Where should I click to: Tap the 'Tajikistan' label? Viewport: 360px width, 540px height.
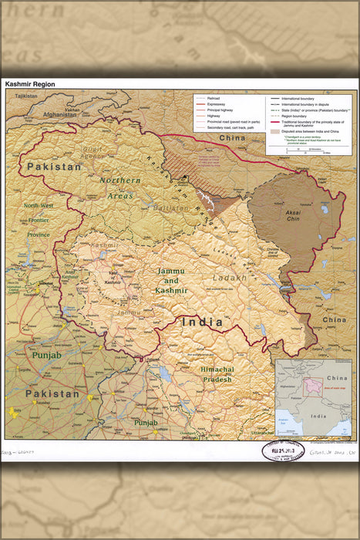pyautogui.click(x=25, y=96)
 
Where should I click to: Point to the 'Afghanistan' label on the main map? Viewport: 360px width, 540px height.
pyautogui.click(x=62, y=114)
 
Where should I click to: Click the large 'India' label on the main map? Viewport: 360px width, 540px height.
pyautogui.click(x=202, y=322)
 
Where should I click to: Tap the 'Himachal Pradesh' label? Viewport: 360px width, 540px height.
pyautogui.click(x=217, y=374)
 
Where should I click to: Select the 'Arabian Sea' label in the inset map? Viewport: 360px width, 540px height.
pyautogui.click(x=286, y=420)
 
